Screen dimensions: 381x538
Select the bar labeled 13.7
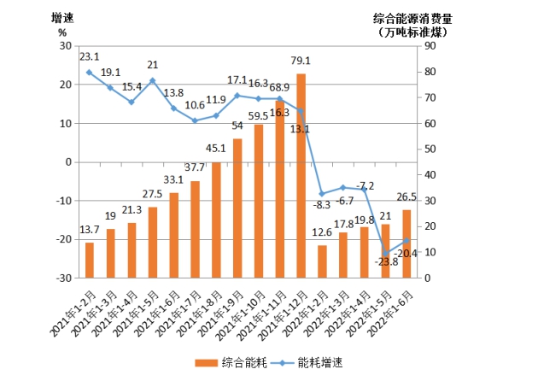90,260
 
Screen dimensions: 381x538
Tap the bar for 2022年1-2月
322,261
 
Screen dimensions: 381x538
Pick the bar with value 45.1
216,220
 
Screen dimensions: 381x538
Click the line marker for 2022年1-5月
385,254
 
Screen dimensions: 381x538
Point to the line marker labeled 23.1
90,73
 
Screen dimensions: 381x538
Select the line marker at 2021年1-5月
153,81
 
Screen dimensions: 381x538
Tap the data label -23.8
387,263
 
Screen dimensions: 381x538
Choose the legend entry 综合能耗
229,362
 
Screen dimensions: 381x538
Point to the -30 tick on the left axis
64,278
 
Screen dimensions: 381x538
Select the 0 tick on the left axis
67,162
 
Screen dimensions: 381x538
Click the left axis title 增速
62,16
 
